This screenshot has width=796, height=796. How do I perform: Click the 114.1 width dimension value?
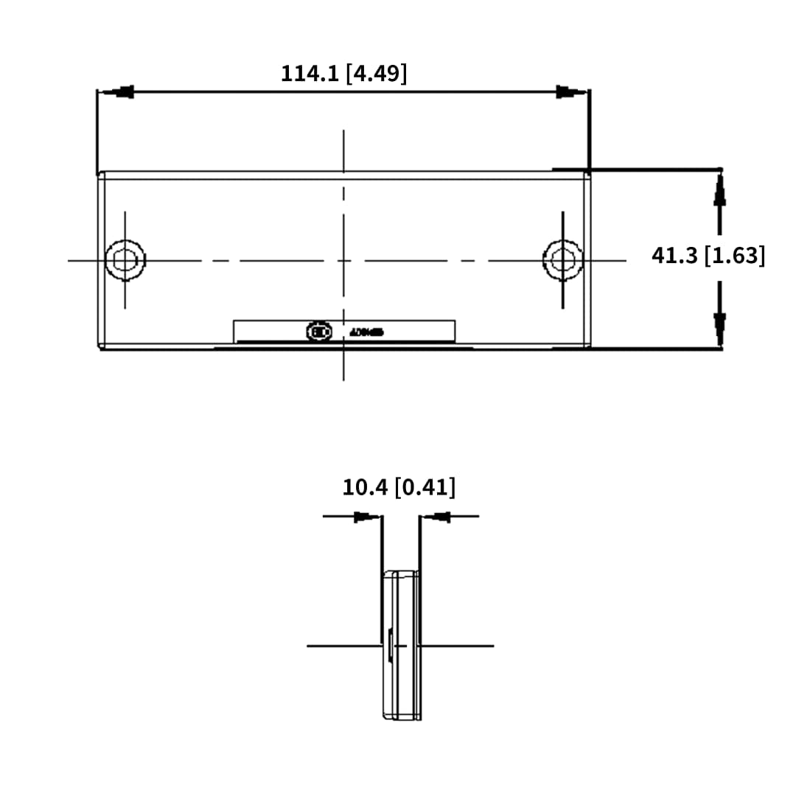point(310,73)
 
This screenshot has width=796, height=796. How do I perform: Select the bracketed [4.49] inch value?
point(377,73)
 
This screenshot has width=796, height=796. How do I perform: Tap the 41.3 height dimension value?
point(674,256)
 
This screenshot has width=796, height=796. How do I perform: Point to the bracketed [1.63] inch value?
point(735,256)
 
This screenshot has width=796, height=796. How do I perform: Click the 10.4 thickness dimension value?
point(365,487)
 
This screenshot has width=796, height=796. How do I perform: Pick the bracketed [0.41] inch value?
point(425,487)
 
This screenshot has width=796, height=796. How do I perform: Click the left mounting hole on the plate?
point(125,260)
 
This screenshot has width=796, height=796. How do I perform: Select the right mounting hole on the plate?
point(563,260)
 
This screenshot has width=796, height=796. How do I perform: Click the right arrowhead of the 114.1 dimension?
point(570,92)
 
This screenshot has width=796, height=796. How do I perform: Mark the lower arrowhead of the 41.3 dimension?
point(720,327)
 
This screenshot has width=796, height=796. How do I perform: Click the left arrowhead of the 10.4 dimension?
point(367,517)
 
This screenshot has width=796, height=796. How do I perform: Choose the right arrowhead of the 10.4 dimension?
point(436,517)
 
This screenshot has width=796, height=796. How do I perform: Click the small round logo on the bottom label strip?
point(317,332)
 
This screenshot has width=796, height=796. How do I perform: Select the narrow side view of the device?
point(402,645)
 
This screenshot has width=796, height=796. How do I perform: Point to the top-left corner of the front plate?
point(101,175)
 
